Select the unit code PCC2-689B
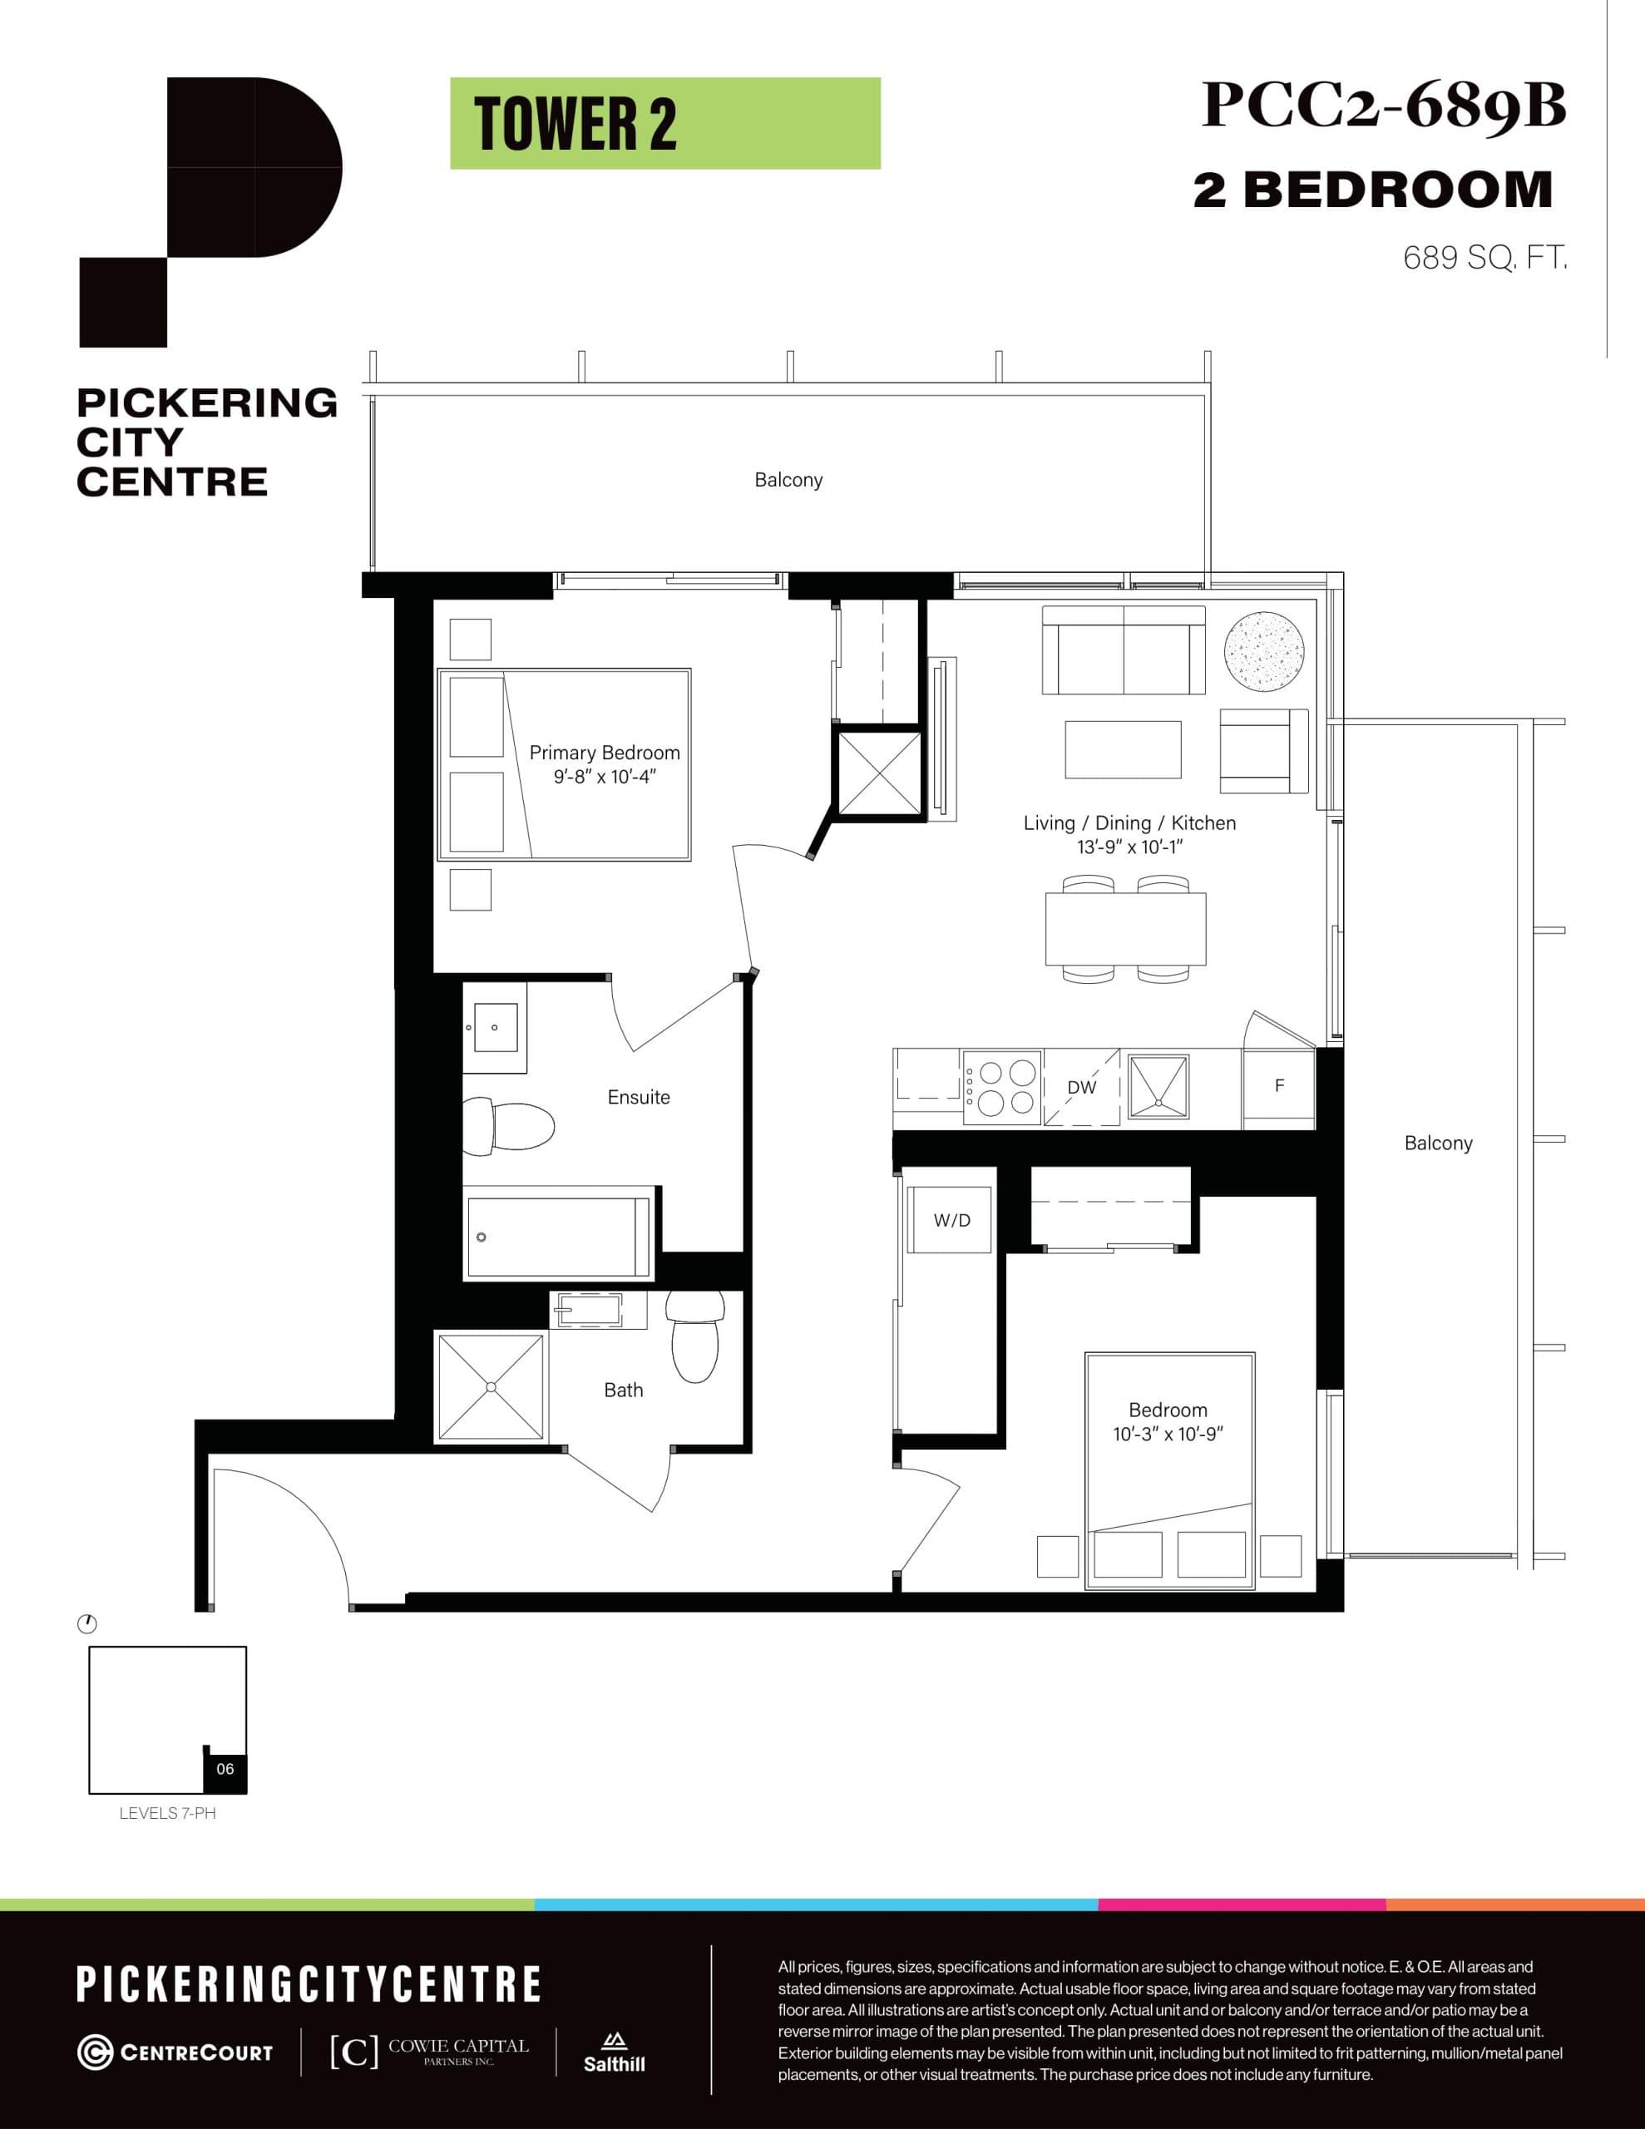(1383, 106)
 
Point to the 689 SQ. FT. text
(1484, 259)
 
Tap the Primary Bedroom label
(604, 753)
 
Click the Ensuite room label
(639, 1098)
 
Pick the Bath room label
(623, 1391)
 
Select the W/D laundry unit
(951, 1221)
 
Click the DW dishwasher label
(1081, 1088)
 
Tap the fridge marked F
(1279, 1086)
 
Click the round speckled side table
(1264, 651)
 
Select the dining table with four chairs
(1125, 928)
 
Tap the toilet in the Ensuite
(507, 1125)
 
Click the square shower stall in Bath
(491, 1386)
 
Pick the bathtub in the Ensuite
(558, 1237)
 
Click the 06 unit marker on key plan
(225, 1768)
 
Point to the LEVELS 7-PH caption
(168, 1813)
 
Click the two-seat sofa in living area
(1124, 650)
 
